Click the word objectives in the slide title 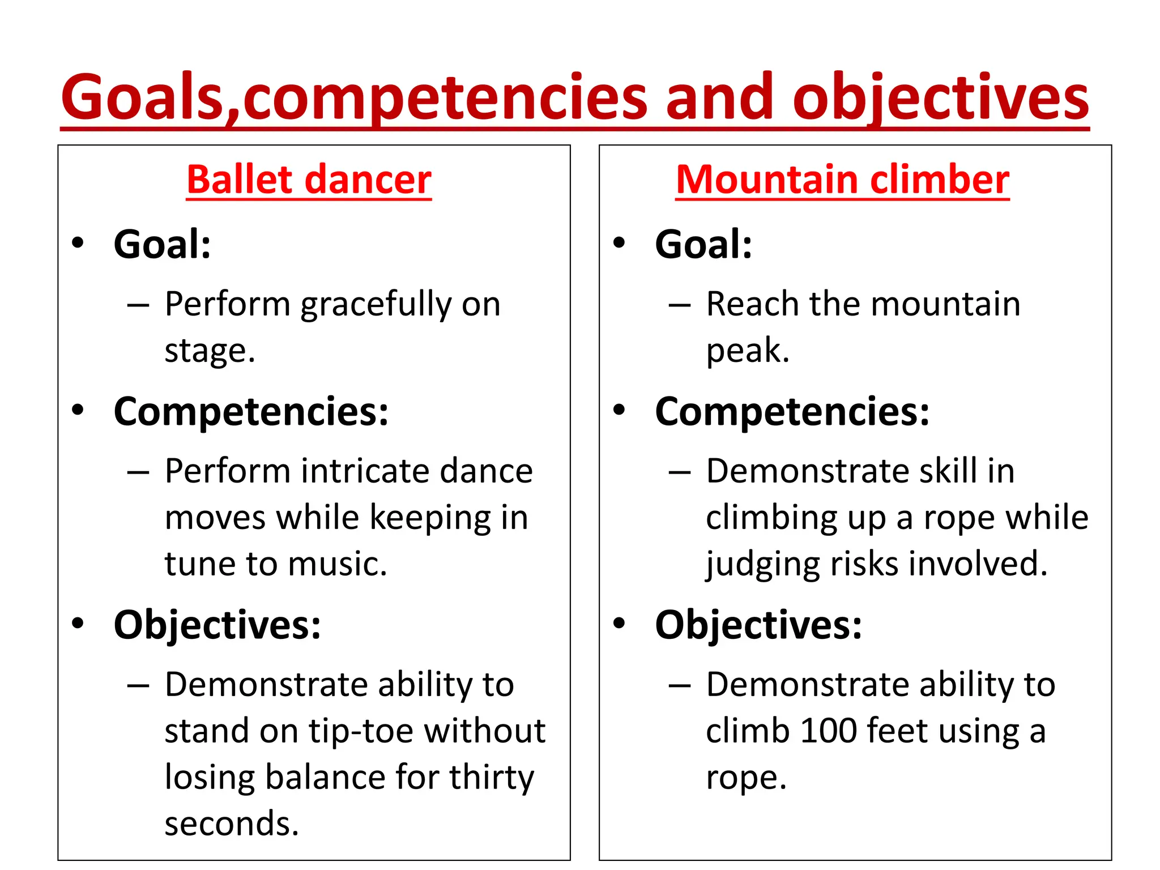click(x=940, y=97)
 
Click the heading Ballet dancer click(x=309, y=180)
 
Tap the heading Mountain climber click(x=842, y=180)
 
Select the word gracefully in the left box click(x=374, y=305)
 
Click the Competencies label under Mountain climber click(x=792, y=412)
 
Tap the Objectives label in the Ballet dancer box click(x=217, y=625)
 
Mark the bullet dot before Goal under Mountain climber click(x=619, y=243)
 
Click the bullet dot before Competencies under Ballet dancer click(x=78, y=410)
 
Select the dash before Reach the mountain click(x=679, y=306)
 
